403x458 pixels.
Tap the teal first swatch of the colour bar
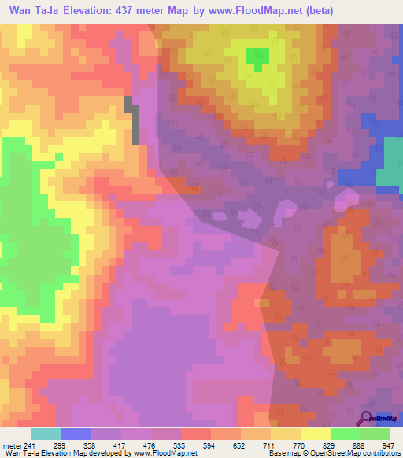point(46,434)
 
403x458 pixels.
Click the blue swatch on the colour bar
point(76,434)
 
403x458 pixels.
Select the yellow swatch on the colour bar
point(315,434)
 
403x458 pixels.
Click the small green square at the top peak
point(257,56)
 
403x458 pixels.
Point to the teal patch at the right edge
point(389,162)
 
